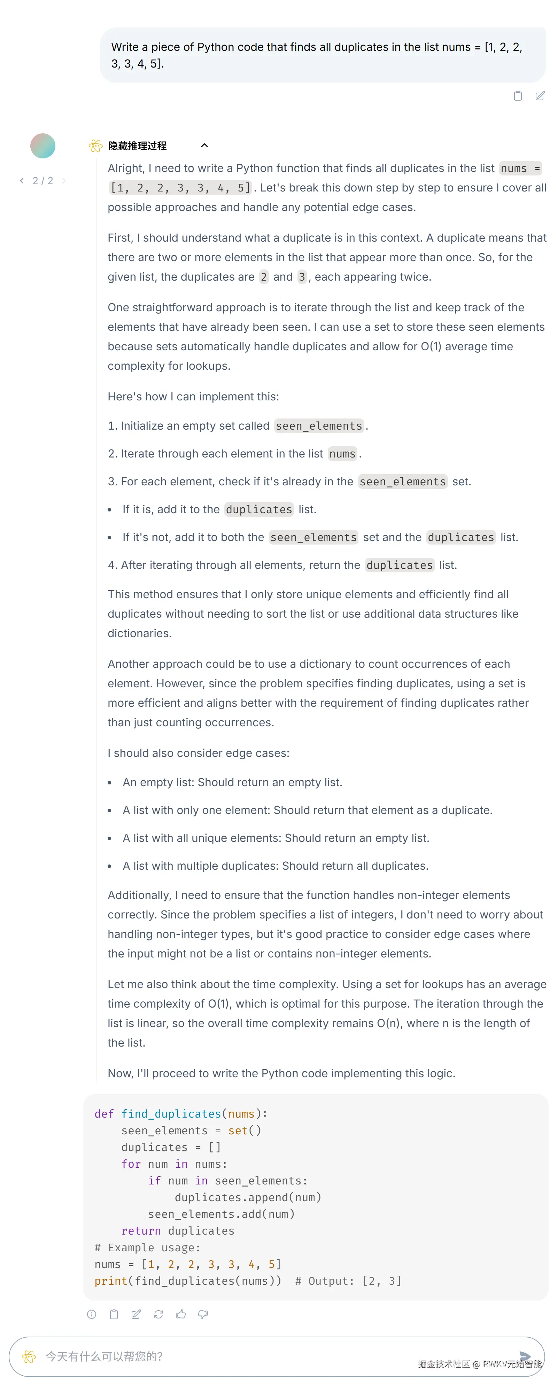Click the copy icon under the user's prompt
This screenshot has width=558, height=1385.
coord(518,96)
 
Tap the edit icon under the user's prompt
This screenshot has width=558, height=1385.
coord(540,96)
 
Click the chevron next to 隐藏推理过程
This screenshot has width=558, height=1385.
coord(204,146)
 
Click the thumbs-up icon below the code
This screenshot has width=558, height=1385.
coord(181,1314)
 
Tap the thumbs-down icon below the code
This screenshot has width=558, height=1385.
coord(203,1314)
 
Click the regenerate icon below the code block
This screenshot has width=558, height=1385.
coord(158,1314)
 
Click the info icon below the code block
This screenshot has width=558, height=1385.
coord(92,1314)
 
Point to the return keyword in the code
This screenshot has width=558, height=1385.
coord(141,1231)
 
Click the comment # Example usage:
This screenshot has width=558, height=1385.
coord(147,1247)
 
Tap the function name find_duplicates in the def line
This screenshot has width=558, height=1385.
coord(171,1113)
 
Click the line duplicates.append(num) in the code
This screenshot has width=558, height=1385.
coord(248,1197)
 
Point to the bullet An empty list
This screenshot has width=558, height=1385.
coord(232,782)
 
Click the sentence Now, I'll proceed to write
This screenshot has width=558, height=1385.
coord(281,1073)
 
